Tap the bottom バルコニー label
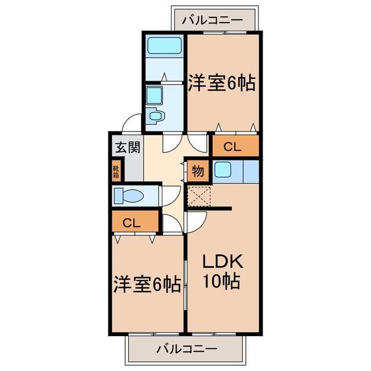coord(187,349)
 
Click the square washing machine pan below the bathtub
coord(154,94)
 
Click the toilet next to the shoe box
coord(128,195)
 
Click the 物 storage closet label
coord(198,171)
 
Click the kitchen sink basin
coord(223,169)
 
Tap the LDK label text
coord(222,261)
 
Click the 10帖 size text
coord(222,282)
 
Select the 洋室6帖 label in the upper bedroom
coord(222,83)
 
